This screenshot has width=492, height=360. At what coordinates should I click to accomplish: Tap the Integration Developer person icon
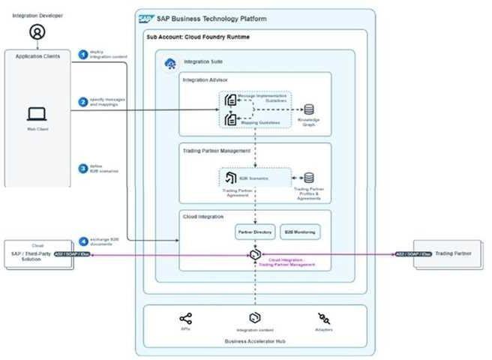pyautogui.click(x=35, y=31)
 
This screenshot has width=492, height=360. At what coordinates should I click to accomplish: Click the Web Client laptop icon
pyautogui.click(x=36, y=114)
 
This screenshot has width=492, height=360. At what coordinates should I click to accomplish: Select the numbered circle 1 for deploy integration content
pyautogui.click(x=84, y=54)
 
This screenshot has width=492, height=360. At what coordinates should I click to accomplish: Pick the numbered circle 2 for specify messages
pyautogui.click(x=84, y=101)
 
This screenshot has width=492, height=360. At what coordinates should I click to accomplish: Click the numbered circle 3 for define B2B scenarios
pyautogui.click(x=84, y=169)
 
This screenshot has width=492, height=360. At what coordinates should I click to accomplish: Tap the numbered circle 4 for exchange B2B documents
pyautogui.click(x=84, y=241)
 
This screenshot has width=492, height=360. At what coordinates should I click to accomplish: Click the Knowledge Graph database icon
pyautogui.click(x=308, y=109)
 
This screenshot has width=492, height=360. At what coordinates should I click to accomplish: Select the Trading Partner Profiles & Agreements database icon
pyautogui.click(x=308, y=178)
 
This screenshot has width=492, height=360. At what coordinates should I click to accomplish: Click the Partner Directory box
pyautogui.click(x=255, y=232)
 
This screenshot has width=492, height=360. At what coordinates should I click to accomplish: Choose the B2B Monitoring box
pyautogui.click(x=300, y=232)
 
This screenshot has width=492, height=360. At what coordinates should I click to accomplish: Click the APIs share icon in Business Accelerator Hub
pyautogui.click(x=186, y=318)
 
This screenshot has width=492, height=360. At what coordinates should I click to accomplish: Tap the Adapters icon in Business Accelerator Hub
pyautogui.click(x=325, y=318)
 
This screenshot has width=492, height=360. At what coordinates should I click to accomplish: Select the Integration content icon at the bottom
pyautogui.click(x=255, y=318)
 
